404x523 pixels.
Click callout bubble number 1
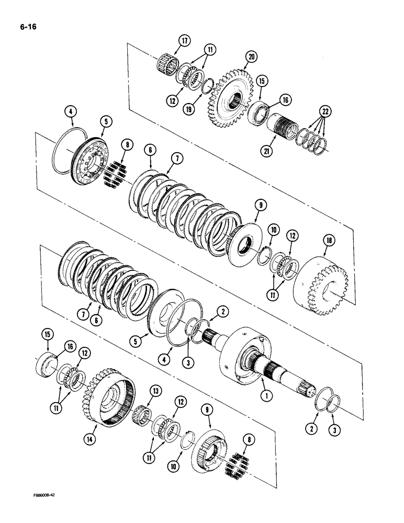point(267,396)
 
